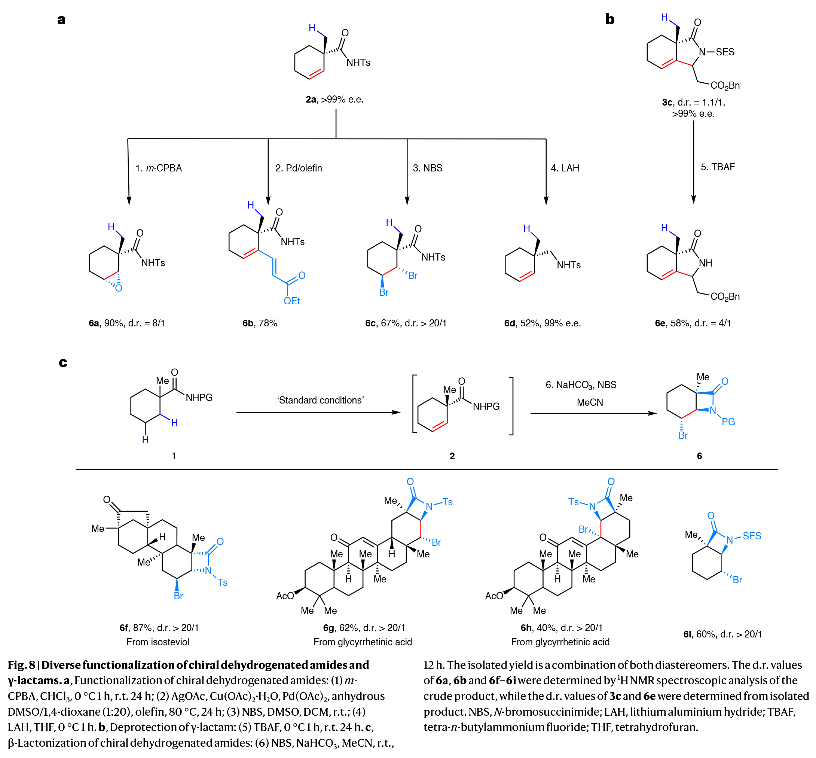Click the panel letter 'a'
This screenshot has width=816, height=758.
coord(61,20)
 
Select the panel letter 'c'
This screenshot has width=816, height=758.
coord(63,363)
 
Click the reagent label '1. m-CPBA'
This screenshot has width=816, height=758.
coord(158,168)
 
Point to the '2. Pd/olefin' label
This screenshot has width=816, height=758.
coord(299,168)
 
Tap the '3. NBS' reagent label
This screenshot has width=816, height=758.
coord(427,168)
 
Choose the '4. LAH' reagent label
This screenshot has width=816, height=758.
coord(565,168)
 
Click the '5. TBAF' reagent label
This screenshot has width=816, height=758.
coord(718,167)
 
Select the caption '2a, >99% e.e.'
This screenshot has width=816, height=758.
coord(334,99)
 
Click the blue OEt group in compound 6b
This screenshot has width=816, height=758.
coord(291,301)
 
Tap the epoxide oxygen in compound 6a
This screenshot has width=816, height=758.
coord(119,288)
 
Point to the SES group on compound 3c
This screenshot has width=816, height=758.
coord(725,52)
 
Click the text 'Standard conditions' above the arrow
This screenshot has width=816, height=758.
coord(320,400)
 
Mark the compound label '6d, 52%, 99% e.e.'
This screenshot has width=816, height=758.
coord(542,323)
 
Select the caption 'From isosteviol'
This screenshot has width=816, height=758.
coord(158,642)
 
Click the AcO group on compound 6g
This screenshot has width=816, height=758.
coord(285,596)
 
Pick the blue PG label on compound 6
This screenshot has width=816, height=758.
coord(728,421)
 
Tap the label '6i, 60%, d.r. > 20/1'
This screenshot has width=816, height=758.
coord(722,634)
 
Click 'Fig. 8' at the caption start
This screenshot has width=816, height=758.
coord(21,665)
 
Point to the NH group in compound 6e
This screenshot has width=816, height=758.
coord(705,263)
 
